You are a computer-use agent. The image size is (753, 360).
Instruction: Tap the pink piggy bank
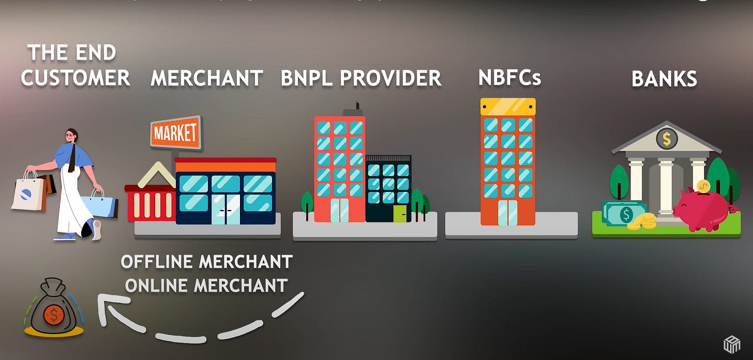(x=702, y=209)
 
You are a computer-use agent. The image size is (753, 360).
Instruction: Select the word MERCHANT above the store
(x=207, y=79)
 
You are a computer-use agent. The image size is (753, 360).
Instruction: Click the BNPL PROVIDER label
(x=361, y=78)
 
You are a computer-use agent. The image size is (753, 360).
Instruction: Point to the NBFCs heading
(x=509, y=78)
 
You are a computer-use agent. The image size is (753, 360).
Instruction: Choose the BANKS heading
(x=664, y=79)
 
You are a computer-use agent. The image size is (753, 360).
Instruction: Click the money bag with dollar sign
(x=53, y=310)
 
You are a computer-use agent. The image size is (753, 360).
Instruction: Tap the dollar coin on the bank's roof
(x=667, y=138)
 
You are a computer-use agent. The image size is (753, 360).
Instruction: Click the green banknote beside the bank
(x=625, y=213)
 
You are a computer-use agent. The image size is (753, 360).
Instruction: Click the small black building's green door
(x=400, y=213)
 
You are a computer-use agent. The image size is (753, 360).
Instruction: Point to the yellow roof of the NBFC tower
(x=508, y=107)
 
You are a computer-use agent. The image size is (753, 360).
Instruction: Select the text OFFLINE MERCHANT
(x=206, y=262)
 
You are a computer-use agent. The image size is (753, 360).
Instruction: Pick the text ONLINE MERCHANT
(x=206, y=285)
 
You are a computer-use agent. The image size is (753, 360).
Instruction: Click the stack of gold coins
(x=643, y=222)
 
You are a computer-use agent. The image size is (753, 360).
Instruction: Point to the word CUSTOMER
(x=76, y=78)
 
